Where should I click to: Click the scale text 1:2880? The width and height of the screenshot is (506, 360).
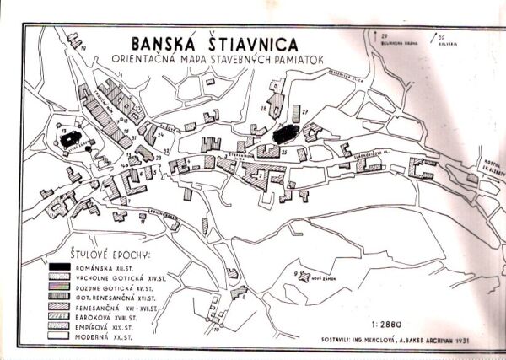[382, 322]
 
